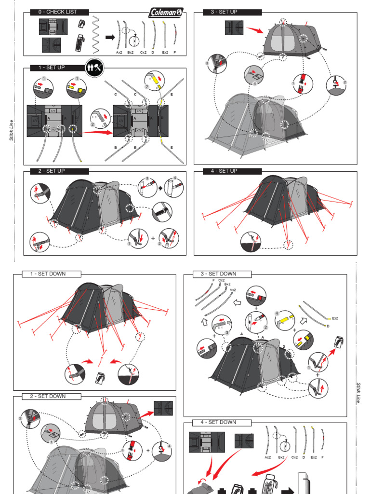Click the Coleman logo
166,12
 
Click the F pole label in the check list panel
175,52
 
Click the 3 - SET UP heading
224,12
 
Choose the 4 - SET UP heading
224,171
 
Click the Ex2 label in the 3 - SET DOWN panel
335,318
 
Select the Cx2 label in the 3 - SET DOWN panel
222,280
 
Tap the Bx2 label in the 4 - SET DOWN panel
281,457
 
